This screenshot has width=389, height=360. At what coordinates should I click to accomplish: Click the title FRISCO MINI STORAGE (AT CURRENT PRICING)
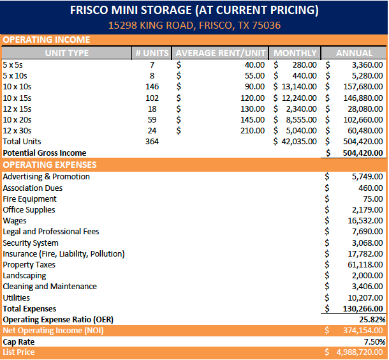pyautogui.click(x=194, y=11)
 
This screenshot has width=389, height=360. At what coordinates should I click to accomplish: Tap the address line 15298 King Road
pyautogui.click(x=194, y=26)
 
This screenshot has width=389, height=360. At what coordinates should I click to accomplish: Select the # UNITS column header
pyautogui.click(x=151, y=53)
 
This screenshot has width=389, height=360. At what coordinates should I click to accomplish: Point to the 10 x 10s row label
pyautogui.click(x=18, y=87)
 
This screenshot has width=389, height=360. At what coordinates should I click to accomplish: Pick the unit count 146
pyautogui.click(x=152, y=87)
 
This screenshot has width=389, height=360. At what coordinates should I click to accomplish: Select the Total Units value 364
pyautogui.click(x=152, y=141)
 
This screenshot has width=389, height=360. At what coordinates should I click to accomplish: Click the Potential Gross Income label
pyautogui.click(x=44, y=153)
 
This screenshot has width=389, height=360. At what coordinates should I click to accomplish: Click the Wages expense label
pyautogui.click(x=15, y=221)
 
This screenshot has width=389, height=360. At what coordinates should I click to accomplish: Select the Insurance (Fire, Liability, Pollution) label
pyautogui.click(x=64, y=254)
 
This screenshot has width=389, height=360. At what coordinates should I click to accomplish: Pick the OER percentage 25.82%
pyautogui.click(x=372, y=319)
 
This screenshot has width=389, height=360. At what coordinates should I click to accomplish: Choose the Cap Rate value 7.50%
pyautogui.click(x=374, y=341)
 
